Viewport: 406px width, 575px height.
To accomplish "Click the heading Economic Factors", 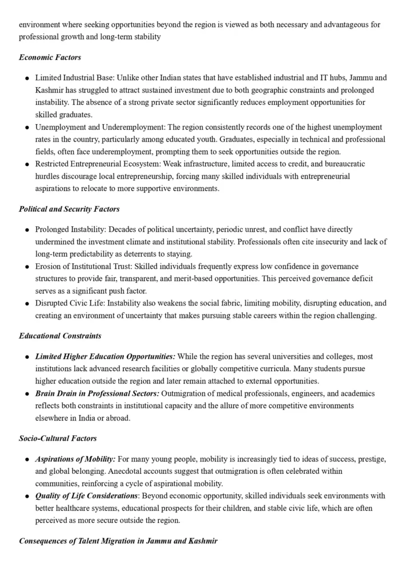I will pyautogui.click(x=50, y=57).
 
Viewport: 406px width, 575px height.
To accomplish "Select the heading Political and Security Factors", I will pyautogui.click(x=69, y=209).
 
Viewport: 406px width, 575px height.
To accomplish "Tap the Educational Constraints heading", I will pyautogui.click(x=60, y=336).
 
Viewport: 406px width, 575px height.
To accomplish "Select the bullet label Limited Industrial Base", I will pyautogui.click(x=72, y=77).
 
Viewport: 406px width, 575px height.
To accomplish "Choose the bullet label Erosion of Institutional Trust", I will pyautogui.click(x=80, y=266).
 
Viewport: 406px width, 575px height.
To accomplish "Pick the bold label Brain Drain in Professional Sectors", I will pyautogui.click(x=97, y=394).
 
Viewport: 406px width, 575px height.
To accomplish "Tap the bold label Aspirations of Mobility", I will pyautogui.click(x=75, y=459).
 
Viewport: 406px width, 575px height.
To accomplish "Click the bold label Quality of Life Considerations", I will pyautogui.click(x=86, y=496).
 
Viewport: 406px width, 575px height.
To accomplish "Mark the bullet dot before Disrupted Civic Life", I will pyautogui.click(x=27, y=304).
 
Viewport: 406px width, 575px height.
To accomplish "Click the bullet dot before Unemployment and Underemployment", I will pyautogui.click(x=27, y=127).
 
